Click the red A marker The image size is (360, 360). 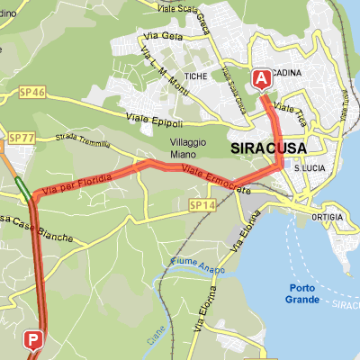click(x=263, y=79)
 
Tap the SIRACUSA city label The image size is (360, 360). click(x=268, y=148)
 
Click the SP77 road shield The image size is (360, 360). click(x=21, y=138)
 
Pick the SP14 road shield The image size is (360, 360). click(x=202, y=206)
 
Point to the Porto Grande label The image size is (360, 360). click(x=301, y=293)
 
